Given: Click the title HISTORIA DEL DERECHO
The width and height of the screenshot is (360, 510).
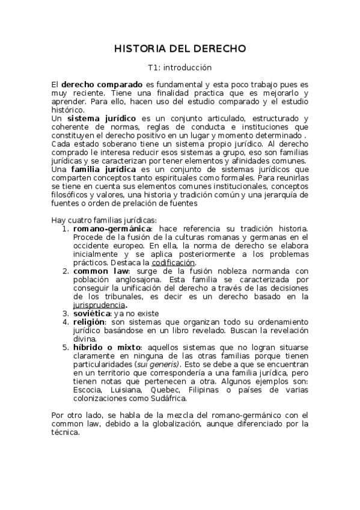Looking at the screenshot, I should point(180,49).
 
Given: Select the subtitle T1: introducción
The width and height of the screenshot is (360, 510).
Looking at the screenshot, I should point(180,68).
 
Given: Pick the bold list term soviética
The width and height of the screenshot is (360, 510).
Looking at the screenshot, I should point(91,313).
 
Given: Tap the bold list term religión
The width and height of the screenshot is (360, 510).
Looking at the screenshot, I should point(90,322).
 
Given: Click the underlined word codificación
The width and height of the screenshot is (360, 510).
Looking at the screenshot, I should point(173,263).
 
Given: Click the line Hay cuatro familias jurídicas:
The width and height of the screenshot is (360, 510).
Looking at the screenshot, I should point(104,220).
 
